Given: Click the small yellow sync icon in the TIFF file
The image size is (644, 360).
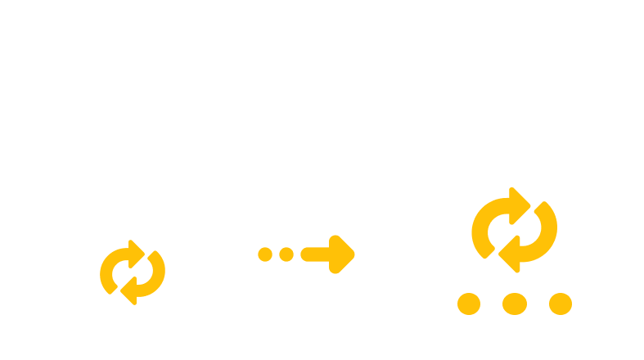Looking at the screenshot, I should pos(132,271).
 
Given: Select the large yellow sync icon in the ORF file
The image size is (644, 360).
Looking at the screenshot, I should pos(514,230).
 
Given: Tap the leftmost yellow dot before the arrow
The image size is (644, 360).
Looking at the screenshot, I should pos(265,254).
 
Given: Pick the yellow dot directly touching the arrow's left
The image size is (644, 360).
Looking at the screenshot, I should pos(286,254).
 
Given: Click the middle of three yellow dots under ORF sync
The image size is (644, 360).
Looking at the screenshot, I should pos(514,304).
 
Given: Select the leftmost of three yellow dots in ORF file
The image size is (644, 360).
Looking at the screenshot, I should pos(468,304).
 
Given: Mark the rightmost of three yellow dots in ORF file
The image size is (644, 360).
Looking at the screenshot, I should pos(561,304).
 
